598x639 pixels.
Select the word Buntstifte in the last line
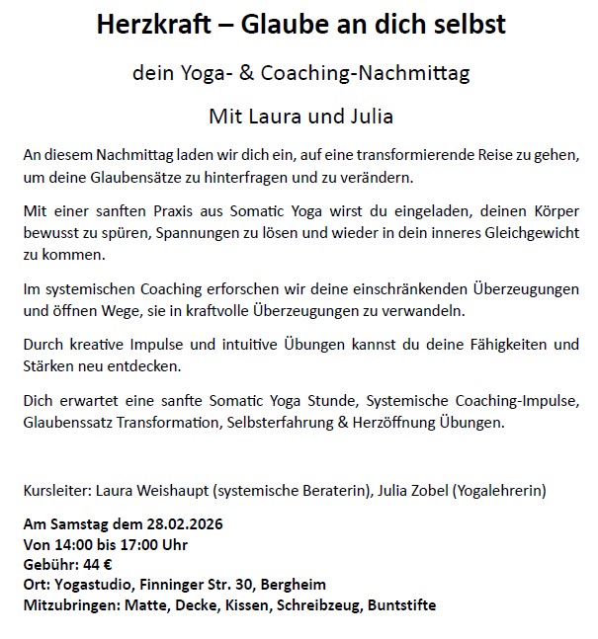(x=398, y=603)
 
